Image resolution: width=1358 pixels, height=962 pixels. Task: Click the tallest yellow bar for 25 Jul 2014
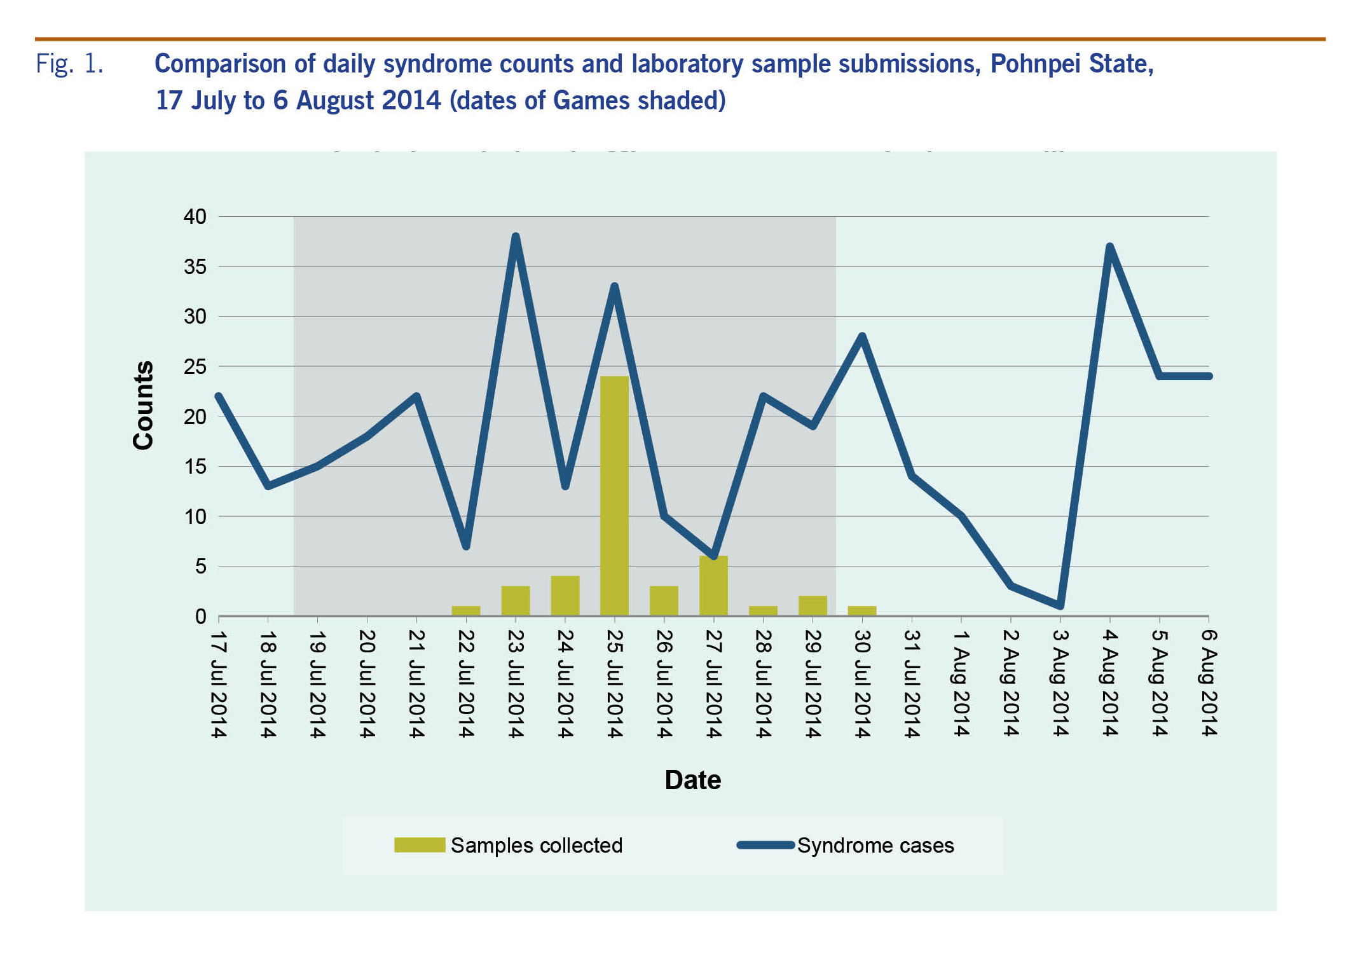pyautogui.click(x=614, y=496)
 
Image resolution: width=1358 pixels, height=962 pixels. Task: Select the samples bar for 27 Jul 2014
pyautogui.click(x=713, y=586)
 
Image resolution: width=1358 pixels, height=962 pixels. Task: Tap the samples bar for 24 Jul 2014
pyautogui.click(x=565, y=596)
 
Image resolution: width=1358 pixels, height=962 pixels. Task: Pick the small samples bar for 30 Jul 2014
pyautogui.click(x=862, y=611)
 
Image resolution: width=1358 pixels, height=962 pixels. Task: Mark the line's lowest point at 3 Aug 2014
pyautogui.click(x=1060, y=605)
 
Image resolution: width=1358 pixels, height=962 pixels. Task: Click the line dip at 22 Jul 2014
pyautogui.click(x=466, y=545)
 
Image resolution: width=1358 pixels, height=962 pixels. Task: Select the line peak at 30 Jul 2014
pyautogui.click(x=862, y=336)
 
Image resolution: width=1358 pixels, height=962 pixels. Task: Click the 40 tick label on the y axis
pyautogui.click(x=195, y=217)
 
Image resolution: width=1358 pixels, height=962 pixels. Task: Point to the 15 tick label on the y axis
pyautogui.click(x=195, y=467)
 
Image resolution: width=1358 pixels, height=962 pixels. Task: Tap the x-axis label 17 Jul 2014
pyautogui.click(x=218, y=684)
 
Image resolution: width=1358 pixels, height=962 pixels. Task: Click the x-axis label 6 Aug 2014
pyautogui.click(x=1209, y=683)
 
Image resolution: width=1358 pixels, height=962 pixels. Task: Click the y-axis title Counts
pyautogui.click(x=143, y=405)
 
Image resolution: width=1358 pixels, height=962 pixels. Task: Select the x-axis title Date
pyautogui.click(x=692, y=780)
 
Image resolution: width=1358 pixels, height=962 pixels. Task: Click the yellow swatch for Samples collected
pyautogui.click(x=419, y=845)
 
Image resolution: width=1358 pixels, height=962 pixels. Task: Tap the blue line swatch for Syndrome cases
pyautogui.click(x=765, y=845)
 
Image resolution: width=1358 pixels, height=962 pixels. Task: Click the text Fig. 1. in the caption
pyautogui.click(x=69, y=64)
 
